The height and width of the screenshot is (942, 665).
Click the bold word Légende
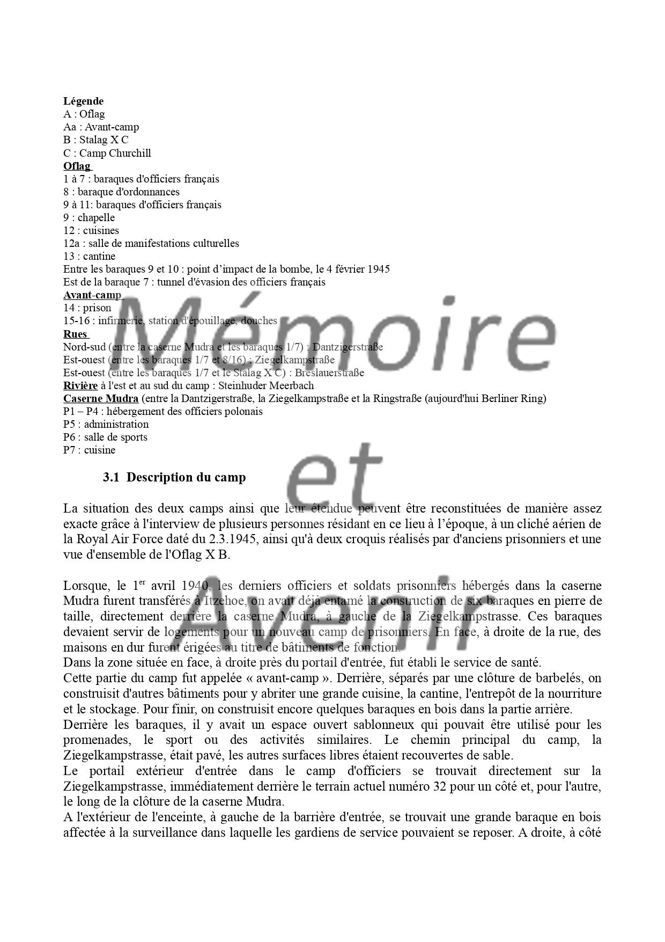83,101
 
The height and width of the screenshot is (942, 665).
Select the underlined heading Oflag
77,166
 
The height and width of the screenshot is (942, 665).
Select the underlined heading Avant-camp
92,295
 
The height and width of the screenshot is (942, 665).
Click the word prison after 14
97,308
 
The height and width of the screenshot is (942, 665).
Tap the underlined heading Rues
75,334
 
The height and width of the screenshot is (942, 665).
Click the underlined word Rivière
80,385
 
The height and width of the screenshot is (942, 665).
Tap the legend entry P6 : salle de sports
105,437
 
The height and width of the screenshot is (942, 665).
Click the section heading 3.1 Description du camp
174,477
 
